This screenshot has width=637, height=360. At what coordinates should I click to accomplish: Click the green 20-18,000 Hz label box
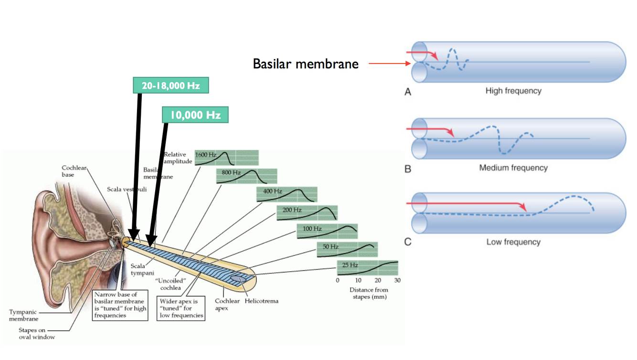[x=170, y=85]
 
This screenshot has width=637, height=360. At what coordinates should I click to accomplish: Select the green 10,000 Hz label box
[x=195, y=115]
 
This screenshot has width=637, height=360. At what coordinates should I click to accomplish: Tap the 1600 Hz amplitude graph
[x=227, y=158]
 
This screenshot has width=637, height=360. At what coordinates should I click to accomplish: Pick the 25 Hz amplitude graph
[x=367, y=268]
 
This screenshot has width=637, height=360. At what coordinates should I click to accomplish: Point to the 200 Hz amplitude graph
[x=307, y=212]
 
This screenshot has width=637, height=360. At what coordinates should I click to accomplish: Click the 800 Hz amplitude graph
[x=247, y=176]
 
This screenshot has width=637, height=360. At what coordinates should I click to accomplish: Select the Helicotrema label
[x=261, y=301]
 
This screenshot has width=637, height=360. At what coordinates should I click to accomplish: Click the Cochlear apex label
[x=227, y=305]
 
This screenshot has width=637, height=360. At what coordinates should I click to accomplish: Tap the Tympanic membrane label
[x=22, y=315]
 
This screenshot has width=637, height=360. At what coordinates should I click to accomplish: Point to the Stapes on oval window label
[x=37, y=333]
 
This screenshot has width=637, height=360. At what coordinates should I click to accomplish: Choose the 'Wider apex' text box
[x=181, y=308]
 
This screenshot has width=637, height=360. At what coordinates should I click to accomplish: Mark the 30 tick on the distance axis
[x=397, y=280]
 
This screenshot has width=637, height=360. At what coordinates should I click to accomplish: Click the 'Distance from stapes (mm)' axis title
[x=369, y=293]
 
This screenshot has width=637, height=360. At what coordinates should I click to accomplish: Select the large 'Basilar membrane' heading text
[x=306, y=64]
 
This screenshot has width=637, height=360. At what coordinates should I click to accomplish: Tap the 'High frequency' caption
[x=513, y=91]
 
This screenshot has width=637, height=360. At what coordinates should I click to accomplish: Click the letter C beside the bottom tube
[x=408, y=242]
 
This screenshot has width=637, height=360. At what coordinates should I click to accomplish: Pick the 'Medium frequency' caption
[x=513, y=168]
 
